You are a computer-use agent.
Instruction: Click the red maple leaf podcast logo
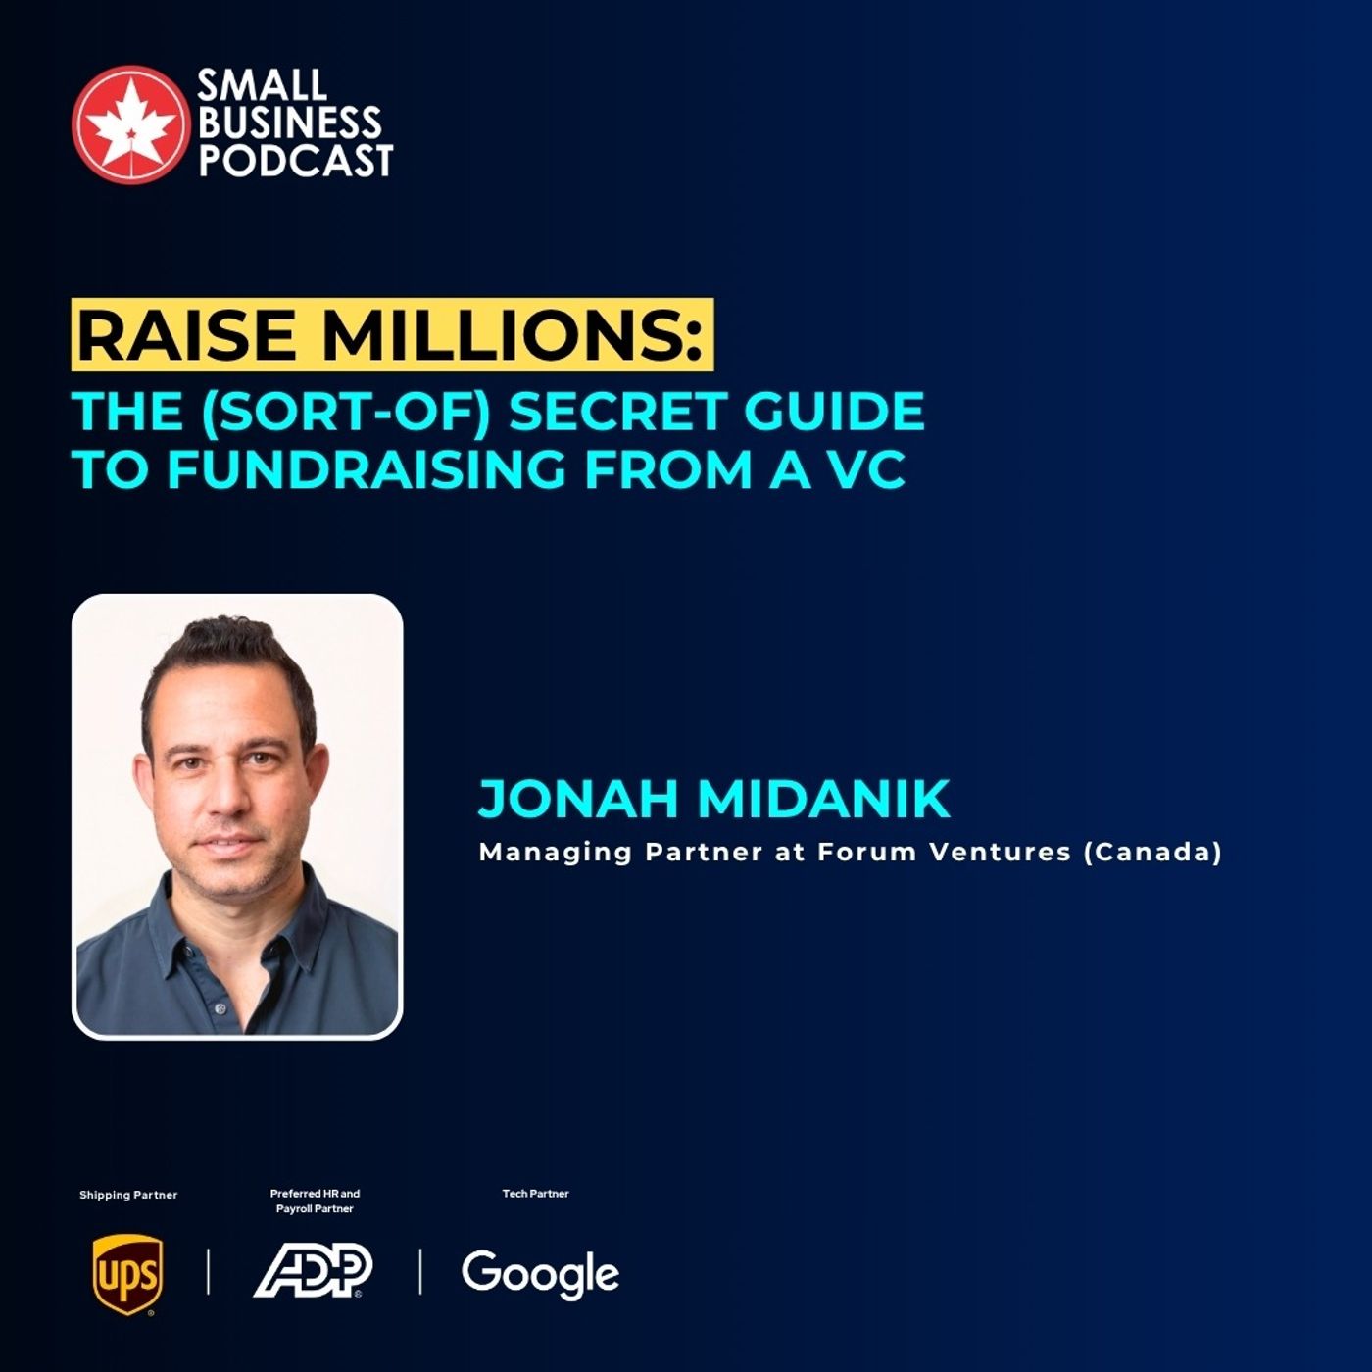pos(130,124)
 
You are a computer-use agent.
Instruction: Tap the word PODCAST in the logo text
pos(296,161)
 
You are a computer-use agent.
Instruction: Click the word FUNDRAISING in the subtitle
pos(368,469)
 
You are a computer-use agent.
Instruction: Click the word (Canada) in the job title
pos(1152,852)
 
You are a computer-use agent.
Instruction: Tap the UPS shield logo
pos(127,1274)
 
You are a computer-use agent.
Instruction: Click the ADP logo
pos(313,1271)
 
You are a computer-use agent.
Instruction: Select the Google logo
pos(540,1274)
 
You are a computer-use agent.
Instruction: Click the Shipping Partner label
pos(128,1195)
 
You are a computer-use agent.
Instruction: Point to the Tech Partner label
pos(535,1194)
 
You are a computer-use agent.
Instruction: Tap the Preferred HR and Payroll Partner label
pos(315,1200)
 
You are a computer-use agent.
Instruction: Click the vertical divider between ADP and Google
pos(420,1271)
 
